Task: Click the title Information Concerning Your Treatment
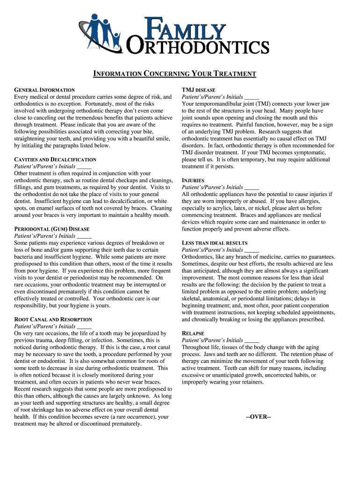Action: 175,74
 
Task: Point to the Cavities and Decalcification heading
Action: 55,160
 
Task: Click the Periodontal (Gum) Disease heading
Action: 52,229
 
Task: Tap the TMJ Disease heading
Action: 198,90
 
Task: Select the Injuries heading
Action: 193,180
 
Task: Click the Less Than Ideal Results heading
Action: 215,243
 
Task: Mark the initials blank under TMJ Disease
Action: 252,97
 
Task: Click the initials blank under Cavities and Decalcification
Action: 84,167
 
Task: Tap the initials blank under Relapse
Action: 252,341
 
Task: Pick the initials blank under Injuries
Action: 252,187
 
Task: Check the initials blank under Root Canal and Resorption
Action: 84,327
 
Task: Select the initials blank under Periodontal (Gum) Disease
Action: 84,236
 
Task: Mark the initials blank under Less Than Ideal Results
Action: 252,250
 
